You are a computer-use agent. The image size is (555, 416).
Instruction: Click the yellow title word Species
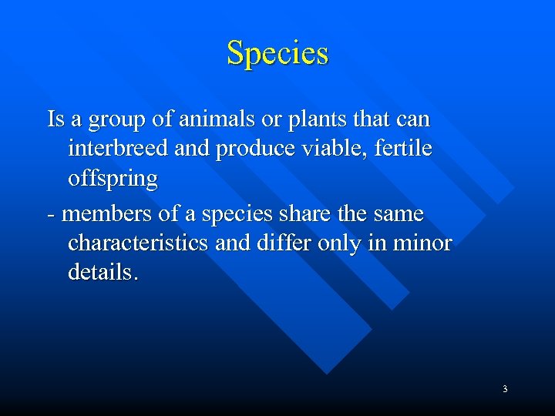click(277, 53)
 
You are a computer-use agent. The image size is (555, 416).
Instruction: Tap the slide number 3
click(505, 389)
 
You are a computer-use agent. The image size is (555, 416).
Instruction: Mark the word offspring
click(113, 179)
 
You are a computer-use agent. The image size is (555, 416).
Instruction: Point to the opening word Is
click(55, 120)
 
